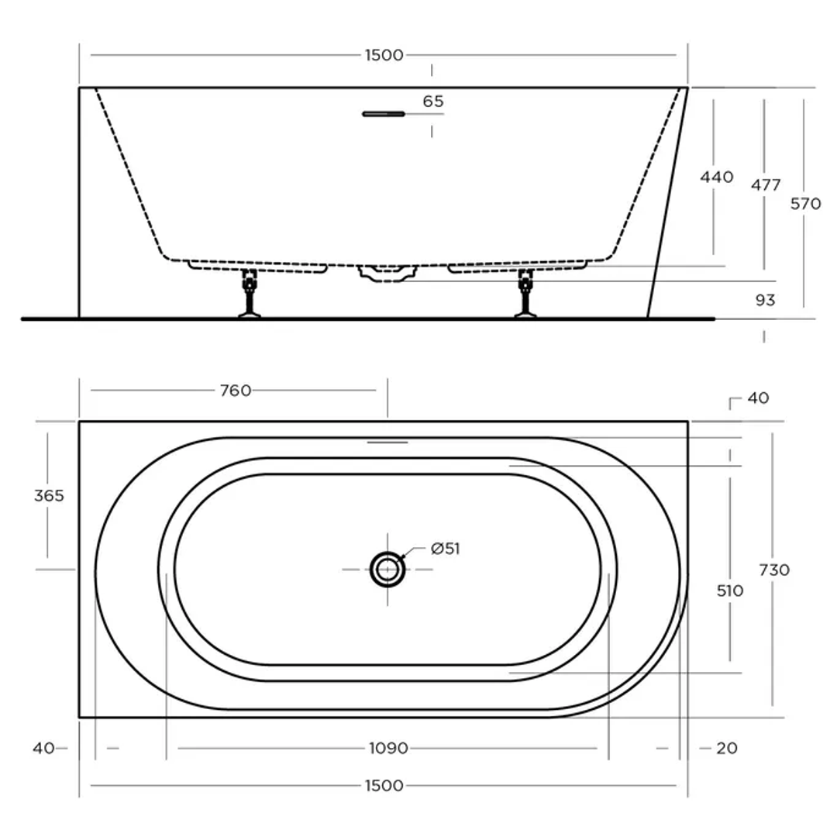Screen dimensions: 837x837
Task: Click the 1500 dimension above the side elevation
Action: point(384,55)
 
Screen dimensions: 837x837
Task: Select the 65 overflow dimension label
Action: point(434,102)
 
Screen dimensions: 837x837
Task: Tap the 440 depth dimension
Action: point(716,177)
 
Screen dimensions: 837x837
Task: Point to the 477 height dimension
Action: point(765,185)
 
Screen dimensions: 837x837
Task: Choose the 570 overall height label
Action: point(806,205)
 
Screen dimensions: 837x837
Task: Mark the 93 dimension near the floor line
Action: point(765,300)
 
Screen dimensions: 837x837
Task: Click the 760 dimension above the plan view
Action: point(236,391)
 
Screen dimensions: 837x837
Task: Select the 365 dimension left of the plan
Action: point(49,496)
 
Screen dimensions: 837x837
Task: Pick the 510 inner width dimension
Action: point(730,591)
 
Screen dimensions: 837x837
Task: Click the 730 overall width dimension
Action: point(774,570)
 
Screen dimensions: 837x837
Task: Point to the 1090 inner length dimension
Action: point(387,749)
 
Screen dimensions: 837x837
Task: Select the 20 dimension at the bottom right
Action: point(727,749)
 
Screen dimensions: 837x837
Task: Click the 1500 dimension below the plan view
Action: point(384,786)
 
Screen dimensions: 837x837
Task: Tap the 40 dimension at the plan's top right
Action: point(758,398)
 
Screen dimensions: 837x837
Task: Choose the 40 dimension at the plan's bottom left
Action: point(43,749)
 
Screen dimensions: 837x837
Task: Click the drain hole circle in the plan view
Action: point(387,570)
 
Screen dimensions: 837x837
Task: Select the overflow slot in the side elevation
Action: point(384,115)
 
